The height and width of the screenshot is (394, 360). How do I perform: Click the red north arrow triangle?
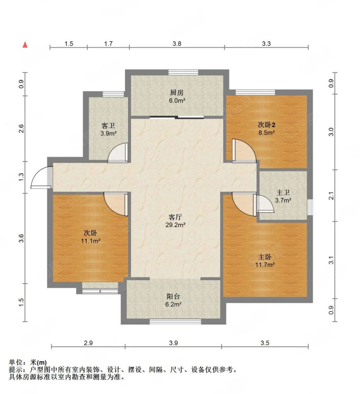[x=25, y=45]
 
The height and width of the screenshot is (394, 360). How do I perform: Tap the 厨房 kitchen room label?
[x=177, y=93]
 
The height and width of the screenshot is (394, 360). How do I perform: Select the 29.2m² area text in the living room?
[x=175, y=225]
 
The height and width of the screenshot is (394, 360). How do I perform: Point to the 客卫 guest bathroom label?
[x=108, y=126]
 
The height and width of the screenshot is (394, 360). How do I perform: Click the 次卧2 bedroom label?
[x=266, y=125]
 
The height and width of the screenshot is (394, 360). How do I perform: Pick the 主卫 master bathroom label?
[x=283, y=193]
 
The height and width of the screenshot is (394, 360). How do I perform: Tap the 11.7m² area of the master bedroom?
[x=265, y=264]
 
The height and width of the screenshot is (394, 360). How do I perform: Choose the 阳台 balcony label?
[x=173, y=296]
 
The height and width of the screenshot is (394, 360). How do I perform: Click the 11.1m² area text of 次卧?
[x=91, y=241]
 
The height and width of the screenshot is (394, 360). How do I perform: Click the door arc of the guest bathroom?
[x=118, y=152]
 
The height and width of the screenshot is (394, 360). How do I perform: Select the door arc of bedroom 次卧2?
[x=244, y=150]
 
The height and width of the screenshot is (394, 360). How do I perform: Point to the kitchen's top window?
[x=183, y=72]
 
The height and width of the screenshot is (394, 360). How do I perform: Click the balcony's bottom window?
[x=175, y=322]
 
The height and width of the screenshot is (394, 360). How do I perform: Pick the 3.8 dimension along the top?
[x=177, y=44]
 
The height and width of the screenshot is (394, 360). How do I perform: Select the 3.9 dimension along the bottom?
[x=173, y=343]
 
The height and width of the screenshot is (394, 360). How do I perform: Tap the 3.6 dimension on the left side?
[x=21, y=238]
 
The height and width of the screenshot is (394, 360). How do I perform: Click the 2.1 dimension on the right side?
[x=331, y=196]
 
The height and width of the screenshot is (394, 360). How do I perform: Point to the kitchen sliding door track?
[x=177, y=117]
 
